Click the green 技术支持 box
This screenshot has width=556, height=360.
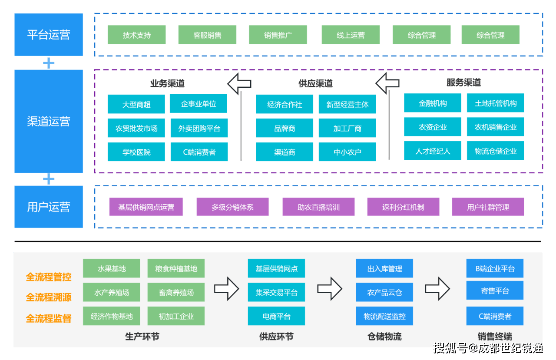136,35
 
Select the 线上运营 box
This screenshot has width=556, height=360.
351,35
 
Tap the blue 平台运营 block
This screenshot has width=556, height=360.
49,35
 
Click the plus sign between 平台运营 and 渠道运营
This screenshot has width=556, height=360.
49,63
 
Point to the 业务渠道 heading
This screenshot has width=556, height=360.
167,83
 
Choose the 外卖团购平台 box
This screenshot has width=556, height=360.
199,129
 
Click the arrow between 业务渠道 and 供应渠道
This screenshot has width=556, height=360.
239,83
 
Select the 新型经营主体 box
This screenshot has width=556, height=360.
347,104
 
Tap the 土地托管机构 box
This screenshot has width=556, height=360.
496,103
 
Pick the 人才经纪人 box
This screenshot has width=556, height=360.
433,151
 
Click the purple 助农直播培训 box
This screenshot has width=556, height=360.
318,207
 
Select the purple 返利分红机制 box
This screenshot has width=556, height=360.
403,207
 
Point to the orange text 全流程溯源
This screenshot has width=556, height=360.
49,297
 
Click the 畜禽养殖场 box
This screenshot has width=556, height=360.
176,292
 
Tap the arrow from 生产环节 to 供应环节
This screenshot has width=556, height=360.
227,288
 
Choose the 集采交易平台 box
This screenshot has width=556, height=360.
276,292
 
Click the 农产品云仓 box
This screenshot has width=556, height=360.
384,292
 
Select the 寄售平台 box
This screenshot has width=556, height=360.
495,291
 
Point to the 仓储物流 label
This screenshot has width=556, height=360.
384,337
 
